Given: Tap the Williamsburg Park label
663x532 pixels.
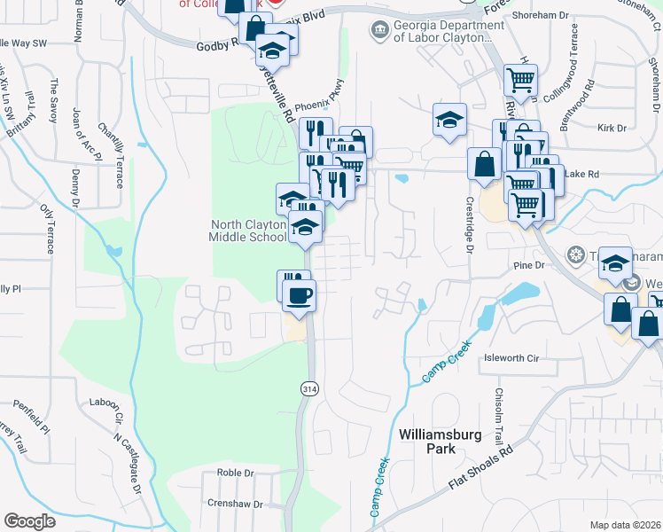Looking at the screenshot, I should [x=427, y=442].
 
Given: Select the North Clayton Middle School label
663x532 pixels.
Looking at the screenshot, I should [x=247, y=230].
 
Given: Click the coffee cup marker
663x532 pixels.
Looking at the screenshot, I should [x=300, y=295].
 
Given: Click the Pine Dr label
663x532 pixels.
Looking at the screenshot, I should [x=526, y=265].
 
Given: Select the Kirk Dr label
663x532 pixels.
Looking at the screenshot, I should [x=612, y=129].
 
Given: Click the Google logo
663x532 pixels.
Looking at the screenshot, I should [x=29, y=521].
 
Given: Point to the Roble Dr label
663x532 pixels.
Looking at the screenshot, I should [x=235, y=473].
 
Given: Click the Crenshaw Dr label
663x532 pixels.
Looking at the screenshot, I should [x=240, y=504].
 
